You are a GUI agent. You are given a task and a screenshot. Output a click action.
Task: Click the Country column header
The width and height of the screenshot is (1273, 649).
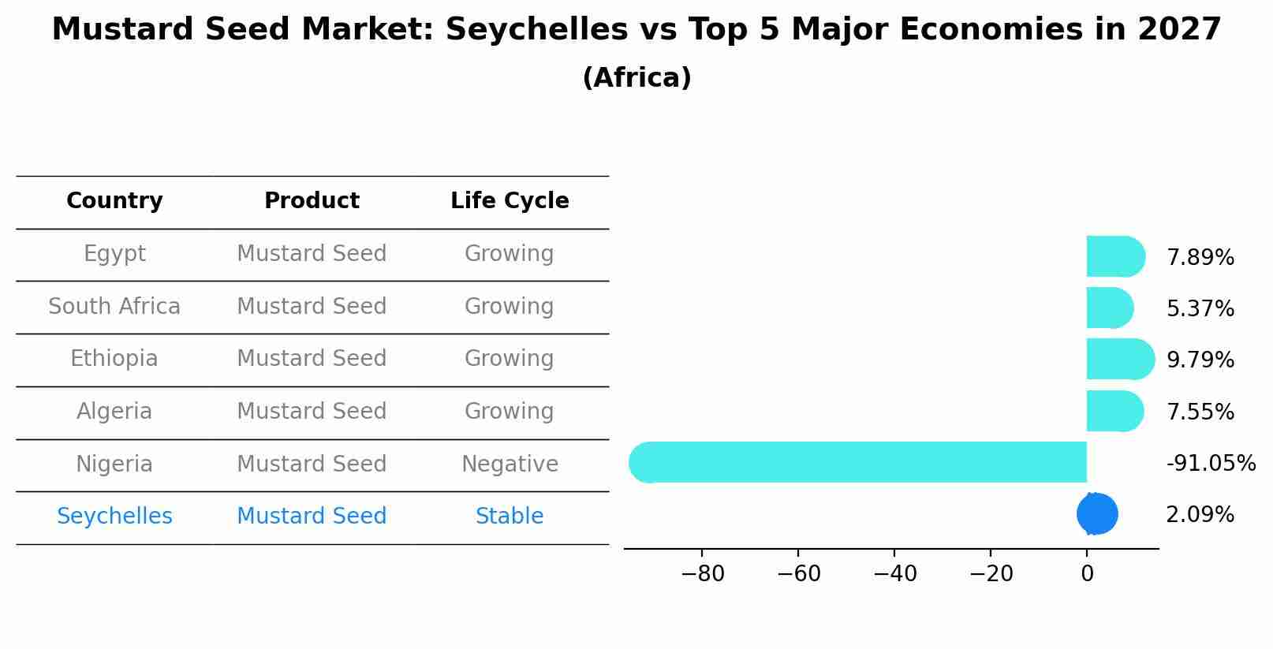(114, 201)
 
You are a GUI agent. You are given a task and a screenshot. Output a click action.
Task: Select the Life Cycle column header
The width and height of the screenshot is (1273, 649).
(510, 201)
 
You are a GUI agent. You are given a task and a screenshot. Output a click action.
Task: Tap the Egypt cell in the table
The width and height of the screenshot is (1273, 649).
(114, 254)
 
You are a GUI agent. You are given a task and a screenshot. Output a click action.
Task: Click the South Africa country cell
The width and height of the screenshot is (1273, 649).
(114, 306)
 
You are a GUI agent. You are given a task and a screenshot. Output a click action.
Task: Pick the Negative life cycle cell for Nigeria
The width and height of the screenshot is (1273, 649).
(510, 464)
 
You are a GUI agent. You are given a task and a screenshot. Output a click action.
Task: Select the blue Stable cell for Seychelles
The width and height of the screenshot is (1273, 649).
(510, 517)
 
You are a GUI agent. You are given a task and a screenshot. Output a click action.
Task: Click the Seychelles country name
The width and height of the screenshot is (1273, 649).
(114, 517)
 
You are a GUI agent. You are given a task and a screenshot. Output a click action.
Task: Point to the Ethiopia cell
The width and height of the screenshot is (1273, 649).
(114, 359)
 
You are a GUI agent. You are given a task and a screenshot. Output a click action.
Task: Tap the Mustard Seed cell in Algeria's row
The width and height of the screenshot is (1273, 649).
(312, 412)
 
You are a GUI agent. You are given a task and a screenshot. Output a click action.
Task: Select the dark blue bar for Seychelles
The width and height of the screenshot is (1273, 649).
(1097, 514)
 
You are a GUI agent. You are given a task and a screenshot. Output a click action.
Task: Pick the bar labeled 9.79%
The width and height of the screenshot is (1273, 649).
(1119, 360)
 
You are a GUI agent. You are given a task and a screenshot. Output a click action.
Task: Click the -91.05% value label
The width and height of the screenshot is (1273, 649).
(1211, 464)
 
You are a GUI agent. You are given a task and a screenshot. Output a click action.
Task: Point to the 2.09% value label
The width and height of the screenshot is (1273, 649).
(1200, 515)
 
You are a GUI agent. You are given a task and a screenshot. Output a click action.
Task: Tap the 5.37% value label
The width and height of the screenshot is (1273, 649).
(1200, 309)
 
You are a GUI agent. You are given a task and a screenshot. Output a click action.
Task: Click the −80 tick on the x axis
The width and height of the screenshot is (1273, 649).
(702, 574)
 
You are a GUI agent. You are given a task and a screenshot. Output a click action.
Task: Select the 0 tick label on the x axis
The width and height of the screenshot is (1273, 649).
(1087, 574)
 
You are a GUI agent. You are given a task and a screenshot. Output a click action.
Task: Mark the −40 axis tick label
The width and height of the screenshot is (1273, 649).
(894, 574)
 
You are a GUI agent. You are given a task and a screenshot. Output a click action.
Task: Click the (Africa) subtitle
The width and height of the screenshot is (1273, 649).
(636, 78)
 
